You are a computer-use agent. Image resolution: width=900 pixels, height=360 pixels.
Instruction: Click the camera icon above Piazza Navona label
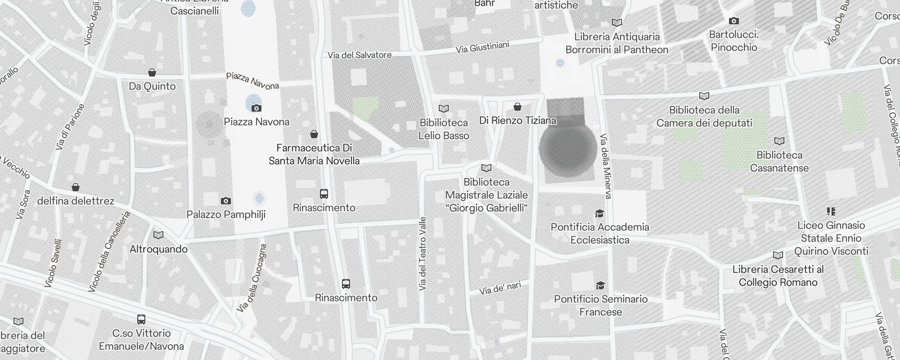(256, 108)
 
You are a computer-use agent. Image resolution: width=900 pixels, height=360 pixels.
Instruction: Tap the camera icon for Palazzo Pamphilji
(226, 201)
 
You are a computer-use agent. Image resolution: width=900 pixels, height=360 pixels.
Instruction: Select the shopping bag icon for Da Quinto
(152, 73)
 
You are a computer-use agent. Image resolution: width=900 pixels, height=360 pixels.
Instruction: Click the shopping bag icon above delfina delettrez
(76, 187)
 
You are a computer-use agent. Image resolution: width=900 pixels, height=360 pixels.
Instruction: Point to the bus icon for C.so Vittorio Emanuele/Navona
(141, 319)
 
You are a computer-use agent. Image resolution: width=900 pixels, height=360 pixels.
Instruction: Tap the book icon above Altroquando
(158, 235)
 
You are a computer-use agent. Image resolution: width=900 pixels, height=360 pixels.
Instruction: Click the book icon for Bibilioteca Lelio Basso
(444, 108)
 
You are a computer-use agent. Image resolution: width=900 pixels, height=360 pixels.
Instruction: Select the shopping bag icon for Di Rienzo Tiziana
(517, 107)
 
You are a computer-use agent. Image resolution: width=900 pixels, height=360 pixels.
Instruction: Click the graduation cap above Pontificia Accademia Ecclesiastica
(599, 213)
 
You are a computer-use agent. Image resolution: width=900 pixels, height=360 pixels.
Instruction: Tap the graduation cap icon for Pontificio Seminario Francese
(600, 285)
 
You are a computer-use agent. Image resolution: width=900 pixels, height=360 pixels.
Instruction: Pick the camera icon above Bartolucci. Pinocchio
(733, 21)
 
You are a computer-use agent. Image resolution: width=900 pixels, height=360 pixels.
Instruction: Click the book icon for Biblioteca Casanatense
(779, 141)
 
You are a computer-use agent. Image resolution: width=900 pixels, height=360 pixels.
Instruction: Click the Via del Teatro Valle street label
(422, 254)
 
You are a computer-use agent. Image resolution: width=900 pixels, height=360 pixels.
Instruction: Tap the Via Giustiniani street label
(482, 47)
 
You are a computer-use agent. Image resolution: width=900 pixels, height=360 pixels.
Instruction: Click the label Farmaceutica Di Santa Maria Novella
(314, 154)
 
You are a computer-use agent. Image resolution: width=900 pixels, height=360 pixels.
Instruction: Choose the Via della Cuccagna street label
(252, 278)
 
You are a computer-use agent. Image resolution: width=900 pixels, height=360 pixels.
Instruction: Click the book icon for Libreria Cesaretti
(778, 256)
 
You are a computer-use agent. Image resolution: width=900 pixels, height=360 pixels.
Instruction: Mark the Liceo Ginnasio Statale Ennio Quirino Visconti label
(831, 238)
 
